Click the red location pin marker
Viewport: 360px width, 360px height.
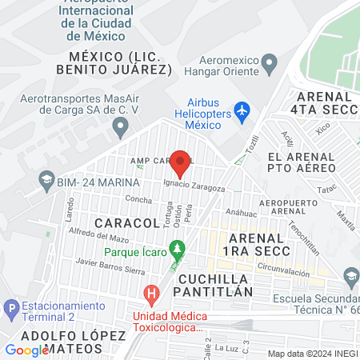pyautogui.click(x=181, y=163)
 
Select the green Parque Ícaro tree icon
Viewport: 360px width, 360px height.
pyautogui.click(x=178, y=250)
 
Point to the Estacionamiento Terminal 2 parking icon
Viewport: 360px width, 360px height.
pyautogui.click(x=11, y=307)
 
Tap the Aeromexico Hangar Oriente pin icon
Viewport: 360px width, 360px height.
pyautogui.click(x=269, y=62)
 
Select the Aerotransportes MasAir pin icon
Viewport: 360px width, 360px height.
pyautogui.click(x=121, y=126)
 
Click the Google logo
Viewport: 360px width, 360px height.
pyautogui.click(x=26, y=350)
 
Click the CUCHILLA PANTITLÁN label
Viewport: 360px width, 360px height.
pyautogui.click(x=216, y=285)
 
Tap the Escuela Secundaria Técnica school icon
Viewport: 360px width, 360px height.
pyautogui.click(x=350, y=276)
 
